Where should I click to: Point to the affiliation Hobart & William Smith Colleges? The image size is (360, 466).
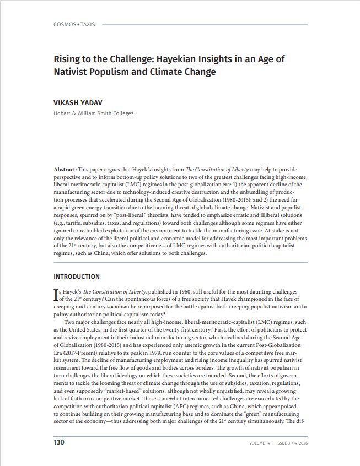coord(93,113)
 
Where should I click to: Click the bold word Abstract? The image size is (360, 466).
coord(66,171)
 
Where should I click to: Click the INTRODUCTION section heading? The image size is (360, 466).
coord(77,277)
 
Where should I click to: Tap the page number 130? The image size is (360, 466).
coord(59,442)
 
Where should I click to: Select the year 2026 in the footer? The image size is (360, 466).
coord(302,443)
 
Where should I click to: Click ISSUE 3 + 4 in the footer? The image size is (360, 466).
coord(282,443)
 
